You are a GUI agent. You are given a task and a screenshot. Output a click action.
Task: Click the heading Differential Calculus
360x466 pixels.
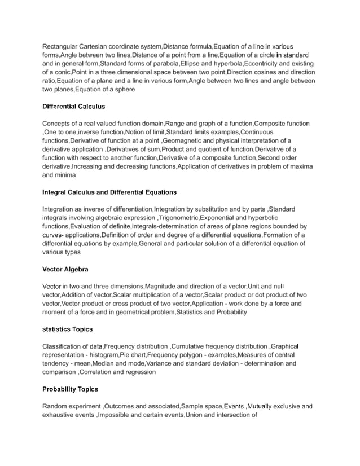click(x=73, y=106)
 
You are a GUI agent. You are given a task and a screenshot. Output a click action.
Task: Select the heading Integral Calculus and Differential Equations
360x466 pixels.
click(x=109, y=192)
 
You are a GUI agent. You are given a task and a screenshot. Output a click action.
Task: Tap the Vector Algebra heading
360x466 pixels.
click(x=65, y=269)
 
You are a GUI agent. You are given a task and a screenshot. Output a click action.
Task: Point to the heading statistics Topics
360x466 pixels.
click(x=67, y=329)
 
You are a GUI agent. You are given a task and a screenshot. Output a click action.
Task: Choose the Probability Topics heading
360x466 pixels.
click(x=70, y=389)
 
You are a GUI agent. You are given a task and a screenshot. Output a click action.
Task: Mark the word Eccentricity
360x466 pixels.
click(x=263, y=64)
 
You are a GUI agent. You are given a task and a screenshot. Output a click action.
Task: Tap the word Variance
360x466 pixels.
click(x=160, y=364)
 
